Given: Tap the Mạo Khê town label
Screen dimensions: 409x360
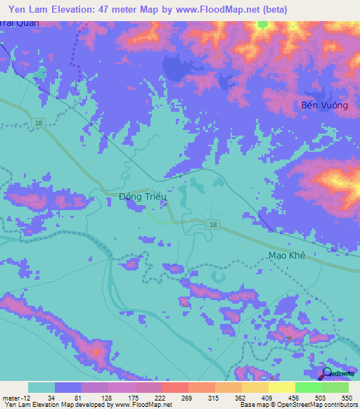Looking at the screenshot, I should point(287,256).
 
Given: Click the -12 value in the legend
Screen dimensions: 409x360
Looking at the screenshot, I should point(24,398).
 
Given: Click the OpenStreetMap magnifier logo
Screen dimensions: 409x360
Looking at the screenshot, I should point(326,374).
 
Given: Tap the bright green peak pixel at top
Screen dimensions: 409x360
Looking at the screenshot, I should point(263,24).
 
